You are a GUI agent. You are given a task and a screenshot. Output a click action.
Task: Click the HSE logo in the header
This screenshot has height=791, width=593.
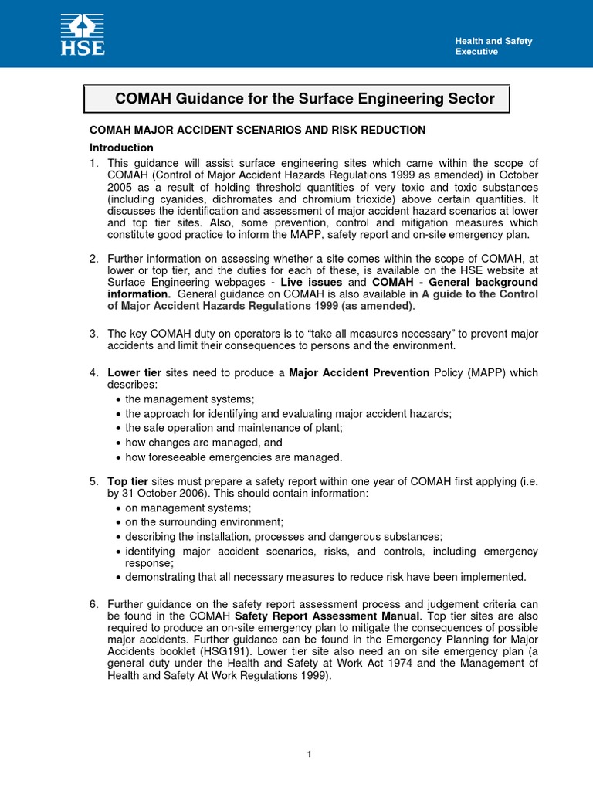click(83, 34)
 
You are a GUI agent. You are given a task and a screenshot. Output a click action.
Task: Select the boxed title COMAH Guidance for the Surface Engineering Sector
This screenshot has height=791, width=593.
click(304, 98)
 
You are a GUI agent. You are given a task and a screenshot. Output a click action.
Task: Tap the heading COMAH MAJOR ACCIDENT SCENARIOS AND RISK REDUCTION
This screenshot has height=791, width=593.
click(257, 130)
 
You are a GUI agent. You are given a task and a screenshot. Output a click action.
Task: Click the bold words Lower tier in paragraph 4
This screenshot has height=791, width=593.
click(134, 373)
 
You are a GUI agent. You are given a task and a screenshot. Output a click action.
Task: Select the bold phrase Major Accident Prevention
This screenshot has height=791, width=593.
click(359, 373)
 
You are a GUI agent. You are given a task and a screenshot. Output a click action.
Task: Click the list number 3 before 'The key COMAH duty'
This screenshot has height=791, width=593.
click(93, 334)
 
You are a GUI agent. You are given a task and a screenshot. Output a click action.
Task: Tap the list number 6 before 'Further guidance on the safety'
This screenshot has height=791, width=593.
click(93, 604)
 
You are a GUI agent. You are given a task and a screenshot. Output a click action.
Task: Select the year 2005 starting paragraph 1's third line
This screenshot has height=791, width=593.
click(120, 186)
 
